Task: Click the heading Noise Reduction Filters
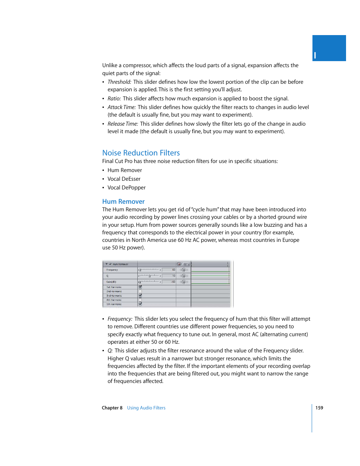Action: [x=141, y=153]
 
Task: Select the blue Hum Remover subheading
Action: [x=123, y=201]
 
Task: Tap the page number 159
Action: [x=319, y=408]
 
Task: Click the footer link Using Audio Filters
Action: [x=146, y=408]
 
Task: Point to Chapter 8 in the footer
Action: [x=112, y=408]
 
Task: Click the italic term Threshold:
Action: [x=119, y=82]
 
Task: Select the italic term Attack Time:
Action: [x=122, y=107]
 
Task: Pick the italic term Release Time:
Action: [x=123, y=124]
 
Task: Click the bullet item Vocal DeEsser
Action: [x=124, y=179]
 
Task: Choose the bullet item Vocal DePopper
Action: [x=126, y=188]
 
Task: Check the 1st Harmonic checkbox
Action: [x=140, y=287]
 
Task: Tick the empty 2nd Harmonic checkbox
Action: [x=140, y=291]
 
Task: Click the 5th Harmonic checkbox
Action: [x=140, y=304]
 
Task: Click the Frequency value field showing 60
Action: [x=169, y=270]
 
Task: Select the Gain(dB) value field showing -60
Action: [x=169, y=282]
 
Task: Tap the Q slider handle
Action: [x=149, y=276]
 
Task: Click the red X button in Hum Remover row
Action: [x=179, y=264]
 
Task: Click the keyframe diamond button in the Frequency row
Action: [x=184, y=270]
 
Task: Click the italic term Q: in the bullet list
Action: [x=110, y=351]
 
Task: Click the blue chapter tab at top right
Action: [x=329, y=48]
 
